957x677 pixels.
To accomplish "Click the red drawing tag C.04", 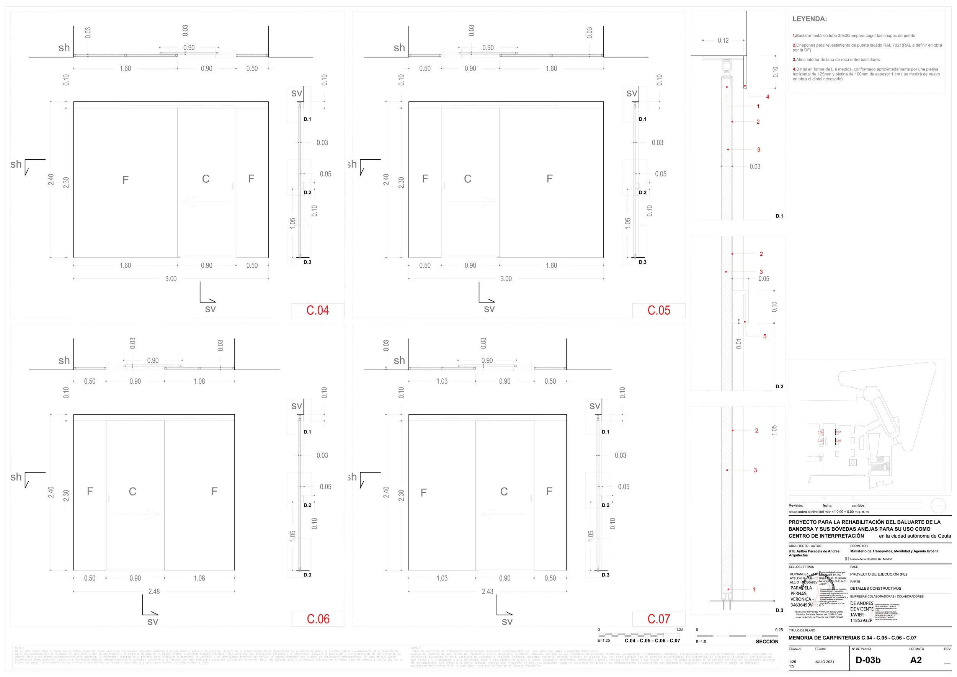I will point(318,311).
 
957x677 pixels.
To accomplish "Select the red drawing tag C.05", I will point(658,311).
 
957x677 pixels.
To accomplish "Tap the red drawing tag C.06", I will point(318,619).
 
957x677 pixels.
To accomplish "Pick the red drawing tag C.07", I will point(658,619).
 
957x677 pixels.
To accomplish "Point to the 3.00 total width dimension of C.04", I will point(171,279).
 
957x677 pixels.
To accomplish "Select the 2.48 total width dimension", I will point(154,592).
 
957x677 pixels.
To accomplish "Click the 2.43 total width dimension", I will point(487,592).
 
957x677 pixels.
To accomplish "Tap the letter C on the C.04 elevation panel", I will point(206,179).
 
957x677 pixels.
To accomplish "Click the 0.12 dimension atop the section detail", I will point(723,41).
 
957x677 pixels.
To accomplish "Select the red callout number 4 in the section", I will point(768,97).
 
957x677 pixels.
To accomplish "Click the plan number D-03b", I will point(868,660).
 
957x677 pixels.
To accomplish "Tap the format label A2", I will point(916,660).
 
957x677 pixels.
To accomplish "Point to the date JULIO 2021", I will point(825,662).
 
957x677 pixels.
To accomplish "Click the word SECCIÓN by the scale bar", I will point(767,641).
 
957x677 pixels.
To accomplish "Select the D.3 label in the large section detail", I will point(779,610).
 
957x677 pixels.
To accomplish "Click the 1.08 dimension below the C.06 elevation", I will point(199,578).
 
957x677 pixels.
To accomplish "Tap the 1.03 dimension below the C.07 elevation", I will point(442,578).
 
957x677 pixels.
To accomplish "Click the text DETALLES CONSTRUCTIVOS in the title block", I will point(875,589).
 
